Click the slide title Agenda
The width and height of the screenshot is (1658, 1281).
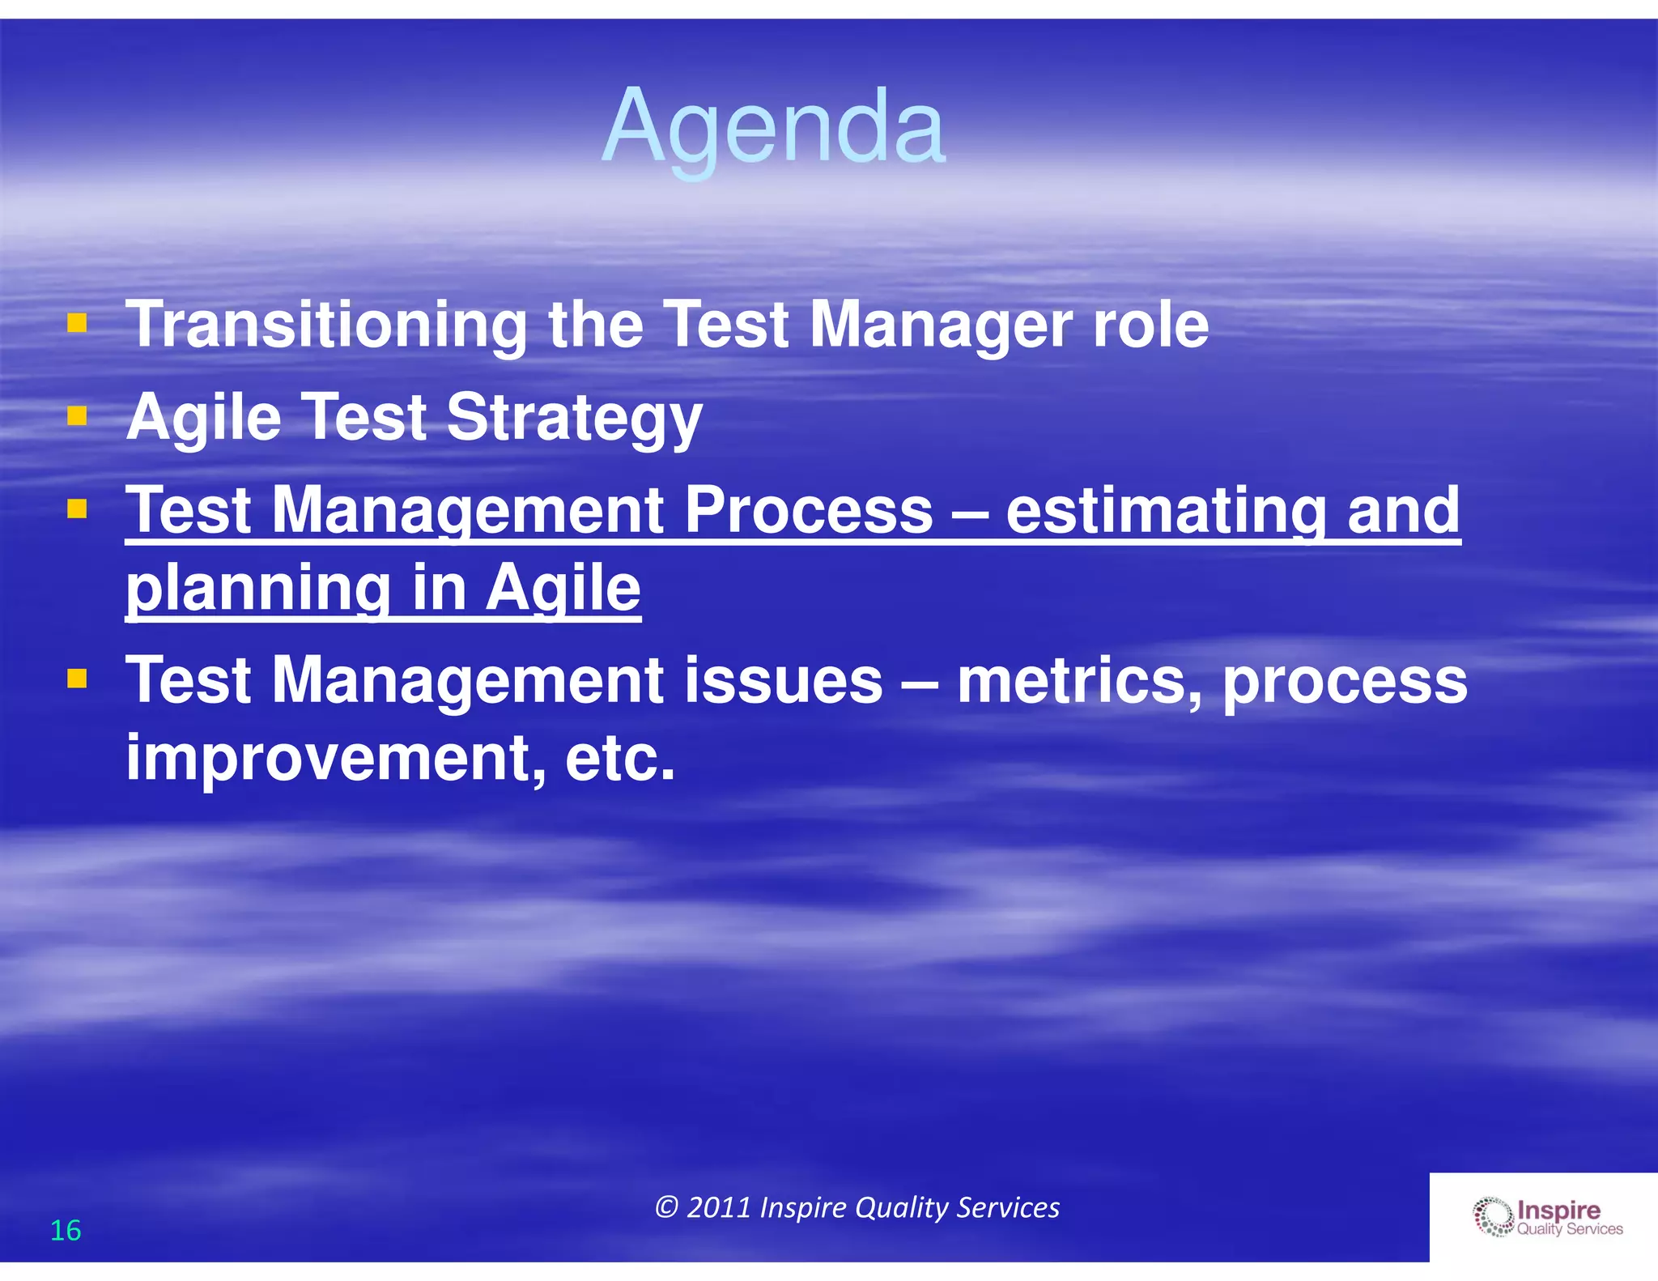pyautogui.click(x=773, y=128)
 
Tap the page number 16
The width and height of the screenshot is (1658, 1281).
pyautogui.click(x=66, y=1230)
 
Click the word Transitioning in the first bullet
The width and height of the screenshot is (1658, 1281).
pyautogui.click(x=326, y=326)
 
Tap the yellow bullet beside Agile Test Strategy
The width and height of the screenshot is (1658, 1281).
pyautogui.click(x=77, y=416)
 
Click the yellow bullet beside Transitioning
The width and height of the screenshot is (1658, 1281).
pyautogui.click(x=77, y=325)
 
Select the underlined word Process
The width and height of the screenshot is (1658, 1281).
pyautogui.click(x=809, y=510)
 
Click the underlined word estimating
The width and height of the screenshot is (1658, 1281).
pyautogui.click(x=1166, y=512)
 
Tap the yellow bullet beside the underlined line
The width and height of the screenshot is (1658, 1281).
pyautogui.click(x=77, y=509)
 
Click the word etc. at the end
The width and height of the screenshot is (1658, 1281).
pyautogui.click(x=619, y=758)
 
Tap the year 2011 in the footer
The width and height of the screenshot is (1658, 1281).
pyautogui.click(x=719, y=1207)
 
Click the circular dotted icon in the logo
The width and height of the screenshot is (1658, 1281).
pyautogui.click(x=1492, y=1218)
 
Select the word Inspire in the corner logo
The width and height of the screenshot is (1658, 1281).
pyautogui.click(x=1558, y=1210)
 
